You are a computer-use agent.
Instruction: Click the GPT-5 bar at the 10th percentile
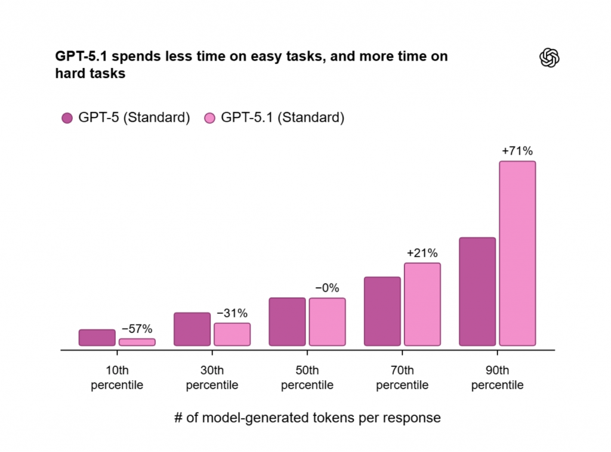pos(97,338)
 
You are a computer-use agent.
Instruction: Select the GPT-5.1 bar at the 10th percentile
pos(137,342)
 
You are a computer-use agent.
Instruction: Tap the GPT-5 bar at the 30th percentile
pos(192,329)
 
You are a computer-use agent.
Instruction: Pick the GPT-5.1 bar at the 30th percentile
pos(232,335)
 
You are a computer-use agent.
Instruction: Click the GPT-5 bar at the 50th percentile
pos(287,322)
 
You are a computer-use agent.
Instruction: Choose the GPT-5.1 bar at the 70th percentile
pos(422,304)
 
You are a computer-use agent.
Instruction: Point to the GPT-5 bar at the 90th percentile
pos(477,292)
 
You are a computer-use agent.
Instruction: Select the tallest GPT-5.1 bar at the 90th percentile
pos(517,253)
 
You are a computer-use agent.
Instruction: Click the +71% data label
pos(517,151)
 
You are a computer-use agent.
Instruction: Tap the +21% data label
pos(422,253)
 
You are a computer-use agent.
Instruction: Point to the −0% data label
pos(327,289)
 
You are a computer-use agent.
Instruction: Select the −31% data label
pos(232,314)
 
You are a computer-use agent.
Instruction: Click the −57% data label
pos(137,329)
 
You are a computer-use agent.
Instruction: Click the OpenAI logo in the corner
pos(549,58)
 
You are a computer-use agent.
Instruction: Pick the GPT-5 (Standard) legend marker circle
pos(67,118)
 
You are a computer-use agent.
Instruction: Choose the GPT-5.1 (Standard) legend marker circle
pos(209,118)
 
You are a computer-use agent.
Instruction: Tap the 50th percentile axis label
pos(307,378)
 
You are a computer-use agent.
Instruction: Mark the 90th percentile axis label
pos(497,378)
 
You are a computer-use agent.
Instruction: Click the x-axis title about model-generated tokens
pos(307,417)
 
